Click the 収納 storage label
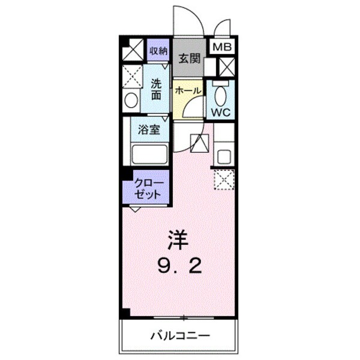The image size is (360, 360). tap(158, 50)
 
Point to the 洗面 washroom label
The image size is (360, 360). tap(156, 89)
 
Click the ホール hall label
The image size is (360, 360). tap(188, 90)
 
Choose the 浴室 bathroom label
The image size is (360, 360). tap(149, 128)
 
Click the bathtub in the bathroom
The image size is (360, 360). tap(149, 154)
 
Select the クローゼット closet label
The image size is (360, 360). tap(146, 188)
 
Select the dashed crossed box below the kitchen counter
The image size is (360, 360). tap(224, 179)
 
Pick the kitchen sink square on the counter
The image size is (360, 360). tap(224, 157)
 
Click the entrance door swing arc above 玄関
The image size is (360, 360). tap(186, 22)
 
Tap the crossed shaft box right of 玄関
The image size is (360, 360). tap(227, 67)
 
